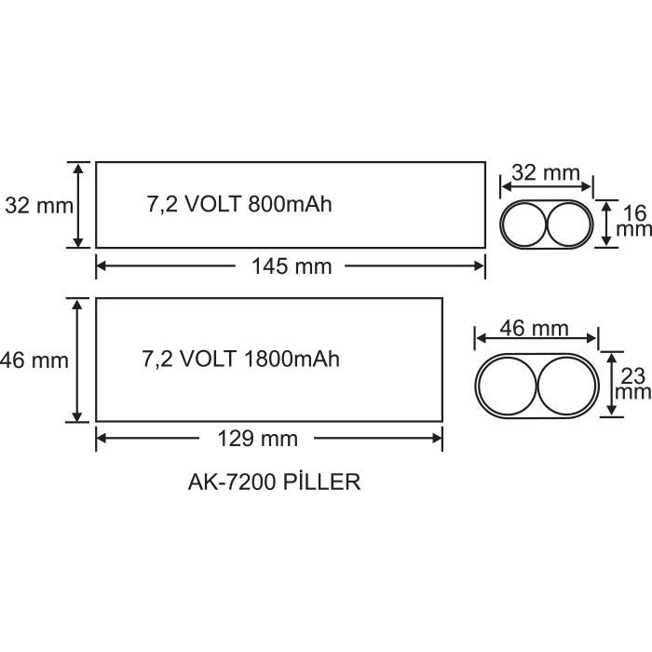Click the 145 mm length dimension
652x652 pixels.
[292, 266]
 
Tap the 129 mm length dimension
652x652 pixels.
[258, 439]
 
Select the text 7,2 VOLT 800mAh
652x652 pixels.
[239, 205]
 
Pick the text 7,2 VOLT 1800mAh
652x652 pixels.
[240, 360]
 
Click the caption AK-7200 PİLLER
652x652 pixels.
[274, 482]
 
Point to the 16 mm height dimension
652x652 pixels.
[633, 222]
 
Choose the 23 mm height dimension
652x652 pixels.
[632, 384]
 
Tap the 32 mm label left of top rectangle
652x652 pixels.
[39, 206]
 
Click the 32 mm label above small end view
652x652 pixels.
[546, 172]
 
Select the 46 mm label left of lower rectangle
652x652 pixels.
[34, 360]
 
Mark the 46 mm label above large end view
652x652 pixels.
[535, 329]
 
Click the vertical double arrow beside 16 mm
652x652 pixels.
[606, 224]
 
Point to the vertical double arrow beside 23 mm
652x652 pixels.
[611, 384]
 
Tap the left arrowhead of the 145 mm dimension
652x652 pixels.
[101, 266]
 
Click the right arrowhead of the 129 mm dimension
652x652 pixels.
[437, 439]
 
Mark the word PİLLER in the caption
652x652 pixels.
[321, 482]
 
